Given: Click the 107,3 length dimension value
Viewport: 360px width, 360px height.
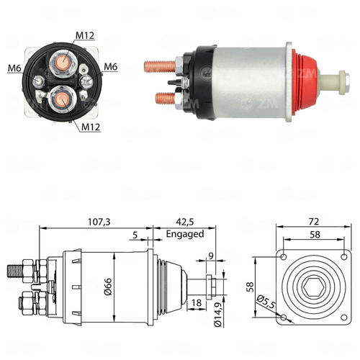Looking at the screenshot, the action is pos(99,222).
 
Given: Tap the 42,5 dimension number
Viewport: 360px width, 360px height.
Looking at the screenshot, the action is pos(185,222).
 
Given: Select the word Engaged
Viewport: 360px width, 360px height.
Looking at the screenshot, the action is pos(185,234).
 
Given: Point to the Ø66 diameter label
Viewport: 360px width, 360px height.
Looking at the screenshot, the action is pos(108,287).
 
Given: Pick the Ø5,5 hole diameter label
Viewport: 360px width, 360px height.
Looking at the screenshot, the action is pos(266,302).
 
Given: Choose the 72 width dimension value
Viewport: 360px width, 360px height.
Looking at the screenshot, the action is pos(314,222).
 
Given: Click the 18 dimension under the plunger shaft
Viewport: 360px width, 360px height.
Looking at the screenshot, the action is pos(197,303).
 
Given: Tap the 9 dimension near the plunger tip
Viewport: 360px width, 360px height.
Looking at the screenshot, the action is pos(211,256).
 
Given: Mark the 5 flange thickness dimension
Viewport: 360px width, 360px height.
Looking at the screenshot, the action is pos(135,235).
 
